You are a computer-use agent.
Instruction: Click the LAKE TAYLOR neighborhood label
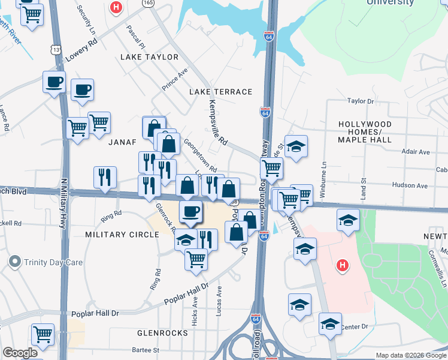(150, 57)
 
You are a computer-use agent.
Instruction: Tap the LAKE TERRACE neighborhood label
(221, 92)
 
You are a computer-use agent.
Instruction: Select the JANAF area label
(123, 142)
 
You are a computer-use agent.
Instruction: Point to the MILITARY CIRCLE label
(122, 234)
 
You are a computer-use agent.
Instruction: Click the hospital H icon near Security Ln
(116, 8)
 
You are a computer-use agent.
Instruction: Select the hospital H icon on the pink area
(342, 264)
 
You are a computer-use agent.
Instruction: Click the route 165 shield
(147, 3)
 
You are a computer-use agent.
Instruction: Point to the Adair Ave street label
(416, 152)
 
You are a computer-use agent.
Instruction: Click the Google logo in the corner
(20, 353)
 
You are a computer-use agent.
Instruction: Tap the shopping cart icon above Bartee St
(43, 334)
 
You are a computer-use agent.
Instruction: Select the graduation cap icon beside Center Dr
(330, 324)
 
